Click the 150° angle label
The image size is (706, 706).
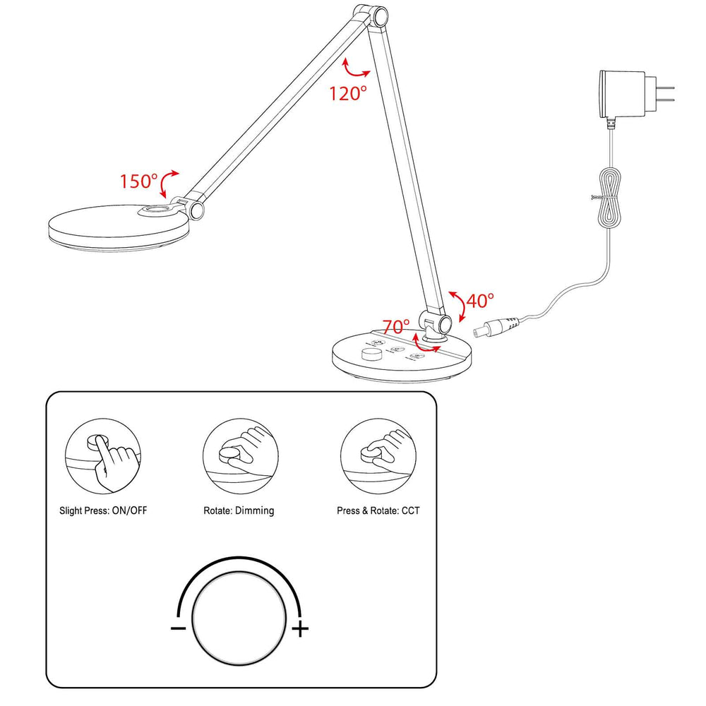[x=138, y=181]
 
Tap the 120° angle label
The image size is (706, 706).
[x=348, y=93]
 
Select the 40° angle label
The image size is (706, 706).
[x=480, y=301]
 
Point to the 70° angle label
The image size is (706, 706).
[x=396, y=327]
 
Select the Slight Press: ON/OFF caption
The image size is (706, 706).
[x=104, y=510]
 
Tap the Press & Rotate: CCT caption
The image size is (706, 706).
[x=378, y=510]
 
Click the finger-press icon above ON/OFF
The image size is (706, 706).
[x=103, y=458]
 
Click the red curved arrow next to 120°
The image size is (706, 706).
[x=355, y=69]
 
